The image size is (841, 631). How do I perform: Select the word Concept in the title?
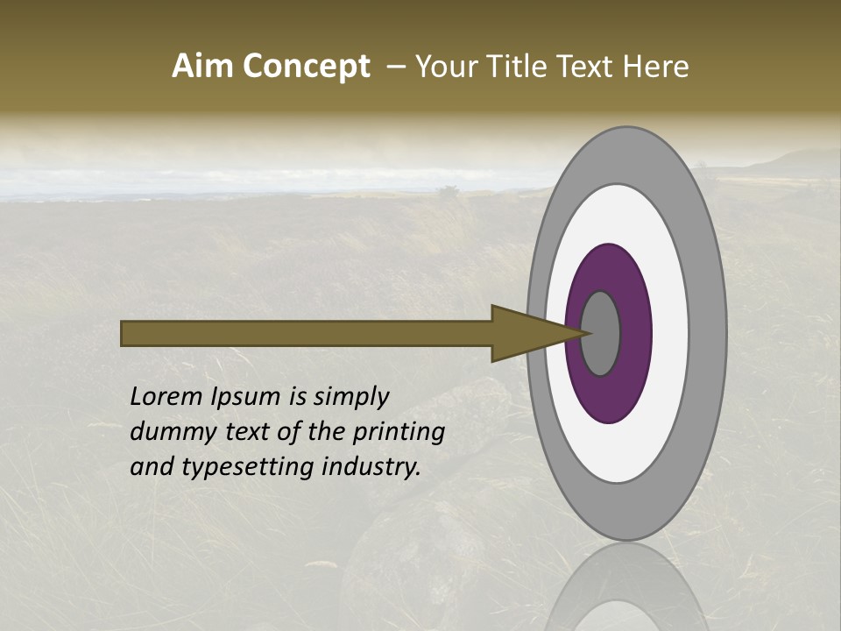(x=306, y=67)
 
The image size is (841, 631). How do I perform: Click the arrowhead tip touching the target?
(x=585, y=333)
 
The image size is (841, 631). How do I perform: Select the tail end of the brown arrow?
(x=124, y=334)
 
